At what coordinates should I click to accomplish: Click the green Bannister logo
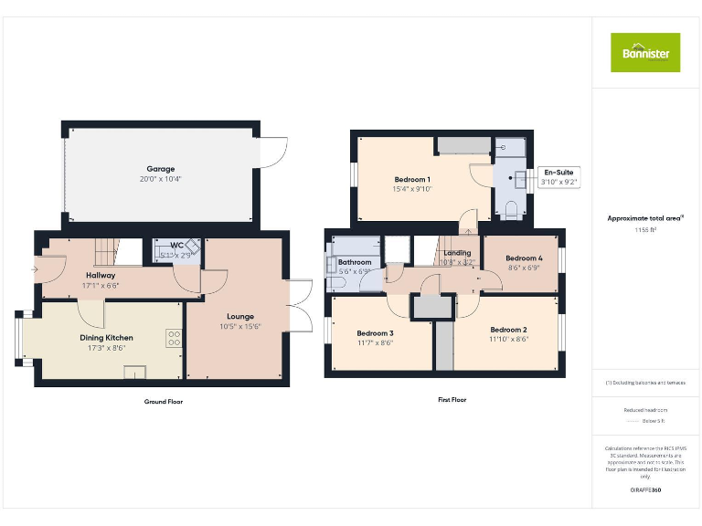(x=645, y=52)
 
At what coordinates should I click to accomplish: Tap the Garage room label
(x=161, y=169)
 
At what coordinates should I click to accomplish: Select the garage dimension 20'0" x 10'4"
(x=161, y=180)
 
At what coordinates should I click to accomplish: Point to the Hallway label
(x=101, y=275)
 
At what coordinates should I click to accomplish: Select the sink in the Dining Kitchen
(x=135, y=372)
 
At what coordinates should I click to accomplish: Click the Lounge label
(x=235, y=317)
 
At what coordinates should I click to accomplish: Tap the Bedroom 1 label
(x=412, y=179)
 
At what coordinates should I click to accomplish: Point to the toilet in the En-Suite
(x=511, y=209)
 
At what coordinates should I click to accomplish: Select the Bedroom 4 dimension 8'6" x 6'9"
(x=524, y=268)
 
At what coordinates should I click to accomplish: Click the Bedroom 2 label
(x=508, y=329)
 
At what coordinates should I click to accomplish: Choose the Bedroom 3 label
(x=375, y=333)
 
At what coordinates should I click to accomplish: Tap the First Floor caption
(x=452, y=400)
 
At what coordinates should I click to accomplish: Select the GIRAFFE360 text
(x=645, y=491)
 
